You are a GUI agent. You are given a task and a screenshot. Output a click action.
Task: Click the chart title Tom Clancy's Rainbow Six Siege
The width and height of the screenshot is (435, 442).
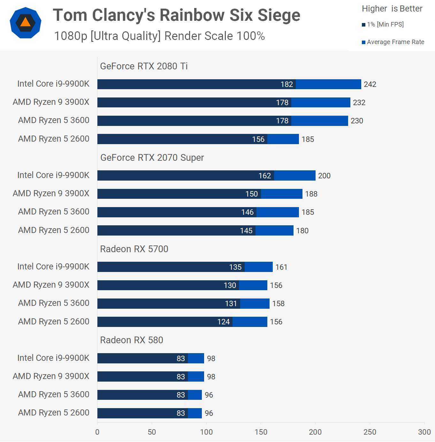(x=177, y=15)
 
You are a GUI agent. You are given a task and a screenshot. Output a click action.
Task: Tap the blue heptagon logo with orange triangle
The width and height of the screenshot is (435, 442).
(x=26, y=23)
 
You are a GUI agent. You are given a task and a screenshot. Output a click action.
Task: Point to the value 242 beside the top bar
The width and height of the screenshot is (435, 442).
(x=370, y=84)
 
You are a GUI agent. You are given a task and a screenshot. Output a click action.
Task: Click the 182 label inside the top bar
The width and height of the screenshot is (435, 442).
(x=286, y=84)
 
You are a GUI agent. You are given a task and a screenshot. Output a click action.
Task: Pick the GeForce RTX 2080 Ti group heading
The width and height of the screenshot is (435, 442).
(x=144, y=66)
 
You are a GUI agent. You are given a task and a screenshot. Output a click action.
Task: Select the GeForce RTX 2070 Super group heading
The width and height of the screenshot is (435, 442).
(x=152, y=158)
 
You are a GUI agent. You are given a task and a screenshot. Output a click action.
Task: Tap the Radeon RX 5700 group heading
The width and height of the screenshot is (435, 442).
(x=134, y=249)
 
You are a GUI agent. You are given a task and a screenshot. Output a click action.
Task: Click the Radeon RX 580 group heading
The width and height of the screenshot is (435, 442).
(x=132, y=340)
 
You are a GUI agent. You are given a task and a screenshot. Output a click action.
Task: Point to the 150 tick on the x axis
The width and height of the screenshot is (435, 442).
(x=261, y=432)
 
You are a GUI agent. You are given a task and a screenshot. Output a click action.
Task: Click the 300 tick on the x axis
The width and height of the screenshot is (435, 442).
(x=424, y=432)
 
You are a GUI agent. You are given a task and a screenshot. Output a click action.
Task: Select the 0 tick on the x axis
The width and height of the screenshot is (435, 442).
(x=97, y=432)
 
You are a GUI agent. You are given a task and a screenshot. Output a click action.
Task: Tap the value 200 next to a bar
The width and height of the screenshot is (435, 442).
(x=324, y=176)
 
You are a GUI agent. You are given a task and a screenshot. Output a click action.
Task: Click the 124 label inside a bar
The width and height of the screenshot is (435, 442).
(x=224, y=322)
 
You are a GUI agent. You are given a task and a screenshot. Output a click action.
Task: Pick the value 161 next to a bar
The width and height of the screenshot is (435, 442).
(x=281, y=267)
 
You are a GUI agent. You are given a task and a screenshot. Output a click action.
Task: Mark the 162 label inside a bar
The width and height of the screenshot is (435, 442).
(x=264, y=176)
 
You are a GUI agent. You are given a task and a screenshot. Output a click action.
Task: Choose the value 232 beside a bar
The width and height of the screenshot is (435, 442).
(x=359, y=103)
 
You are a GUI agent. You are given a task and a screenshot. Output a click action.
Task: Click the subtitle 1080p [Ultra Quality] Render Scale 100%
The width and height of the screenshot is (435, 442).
(x=159, y=36)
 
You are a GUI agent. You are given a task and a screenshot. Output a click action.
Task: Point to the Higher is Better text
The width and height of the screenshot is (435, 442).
(x=392, y=9)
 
